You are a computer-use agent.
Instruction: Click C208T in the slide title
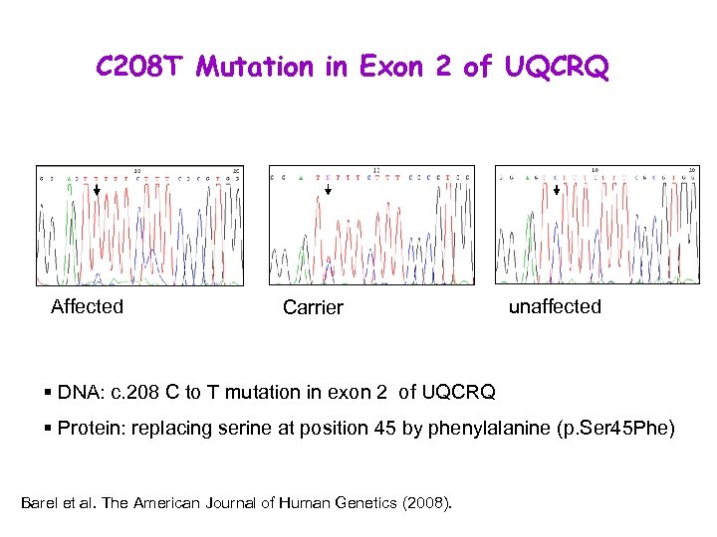140,67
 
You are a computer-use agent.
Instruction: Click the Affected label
88,306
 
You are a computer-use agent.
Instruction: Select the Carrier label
313,307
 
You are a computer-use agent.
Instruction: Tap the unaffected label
555,306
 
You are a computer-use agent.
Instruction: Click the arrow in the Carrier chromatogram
329,190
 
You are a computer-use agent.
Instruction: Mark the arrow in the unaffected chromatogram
556,190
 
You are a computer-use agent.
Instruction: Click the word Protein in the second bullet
90,430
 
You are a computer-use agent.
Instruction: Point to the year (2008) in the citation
428,502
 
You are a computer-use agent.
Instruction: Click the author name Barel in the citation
39,502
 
